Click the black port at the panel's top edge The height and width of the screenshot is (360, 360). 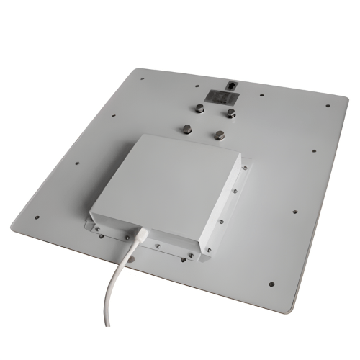point(230,85)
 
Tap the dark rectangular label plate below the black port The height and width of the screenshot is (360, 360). point(216,95)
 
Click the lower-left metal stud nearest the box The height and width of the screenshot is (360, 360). point(186,129)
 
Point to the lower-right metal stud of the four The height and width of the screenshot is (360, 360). point(218,134)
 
